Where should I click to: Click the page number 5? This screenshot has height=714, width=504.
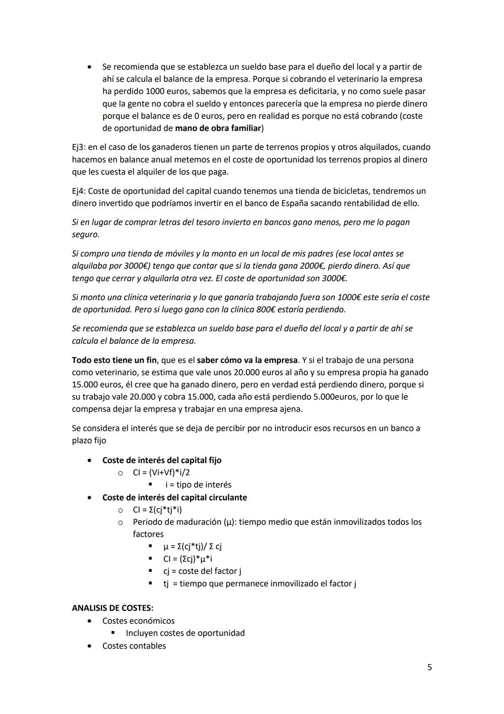point(429,667)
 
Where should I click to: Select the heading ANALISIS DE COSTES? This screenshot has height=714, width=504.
point(112,608)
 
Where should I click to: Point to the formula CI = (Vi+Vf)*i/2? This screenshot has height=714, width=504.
point(161,472)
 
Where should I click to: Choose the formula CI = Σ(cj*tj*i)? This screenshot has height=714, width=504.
point(157,509)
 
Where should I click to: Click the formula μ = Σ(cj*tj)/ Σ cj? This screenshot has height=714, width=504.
point(192,546)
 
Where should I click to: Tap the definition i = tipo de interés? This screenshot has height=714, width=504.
point(198,485)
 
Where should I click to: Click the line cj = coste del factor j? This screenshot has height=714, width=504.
point(202,571)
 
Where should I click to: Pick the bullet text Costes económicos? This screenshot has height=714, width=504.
point(139,621)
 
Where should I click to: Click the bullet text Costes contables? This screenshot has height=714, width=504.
point(134,646)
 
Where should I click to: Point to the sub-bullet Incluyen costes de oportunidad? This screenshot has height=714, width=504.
point(185,633)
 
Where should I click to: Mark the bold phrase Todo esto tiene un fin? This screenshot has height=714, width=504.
point(114,360)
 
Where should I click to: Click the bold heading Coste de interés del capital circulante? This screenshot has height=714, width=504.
point(175,497)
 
